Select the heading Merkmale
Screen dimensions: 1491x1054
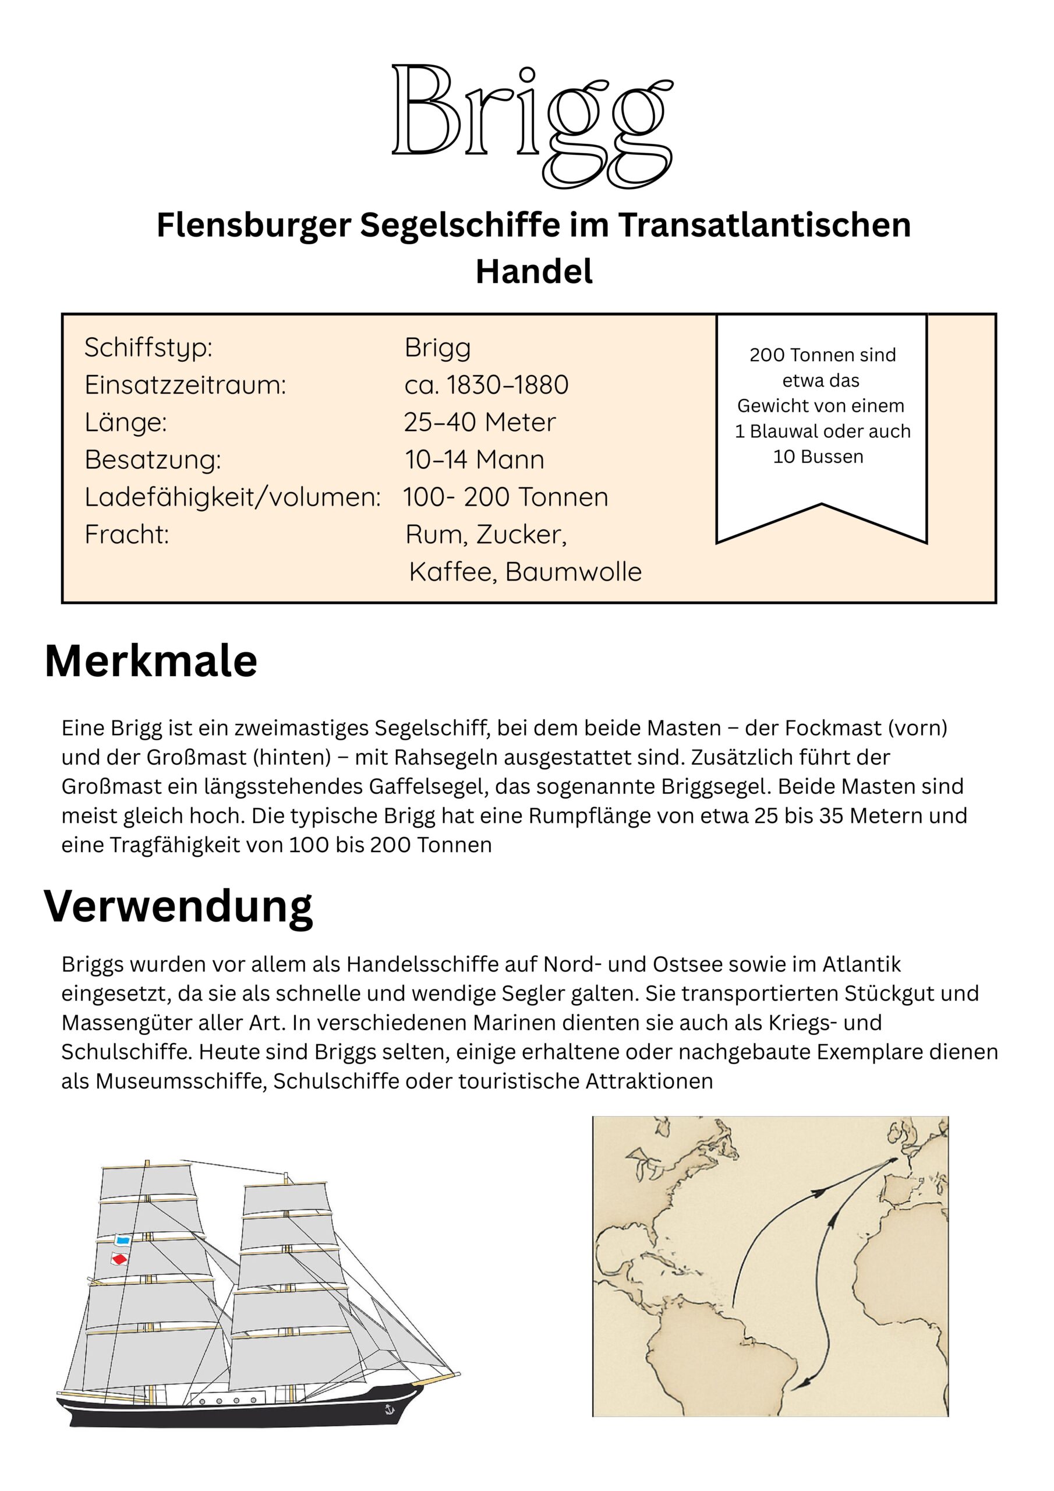pos(151,662)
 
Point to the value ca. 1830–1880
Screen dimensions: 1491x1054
pos(486,385)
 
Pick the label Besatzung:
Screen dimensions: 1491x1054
pos(153,460)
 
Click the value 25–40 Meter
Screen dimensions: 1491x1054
pos(479,423)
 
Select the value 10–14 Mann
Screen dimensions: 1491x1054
pos(474,460)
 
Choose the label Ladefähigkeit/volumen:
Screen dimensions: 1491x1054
pos(232,497)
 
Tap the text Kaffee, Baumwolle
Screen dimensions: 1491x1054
pos(525,572)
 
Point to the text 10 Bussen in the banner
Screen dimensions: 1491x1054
pos(818,457)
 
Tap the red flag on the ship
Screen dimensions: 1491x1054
pos(119,1260)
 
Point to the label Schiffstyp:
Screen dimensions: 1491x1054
pos(148,348)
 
